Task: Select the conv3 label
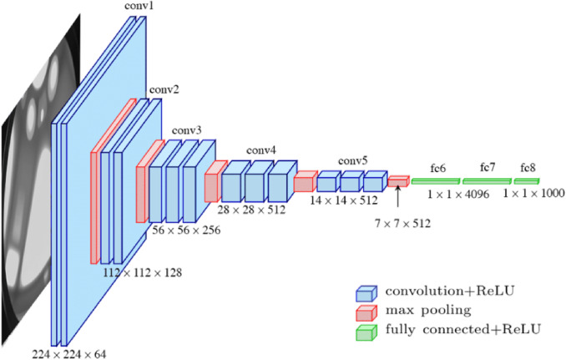(186, 130)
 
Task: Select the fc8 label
(528, 168)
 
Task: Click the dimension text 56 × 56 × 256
(187, 231)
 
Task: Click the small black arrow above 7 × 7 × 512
(398, 198)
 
